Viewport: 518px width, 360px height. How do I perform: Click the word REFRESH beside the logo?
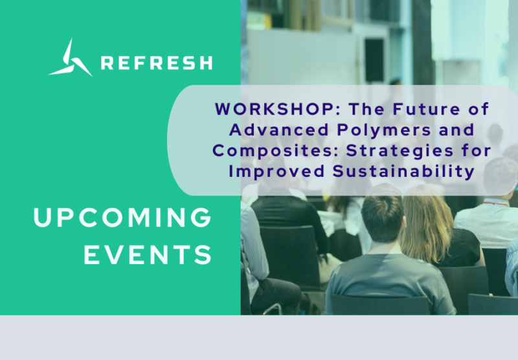coord(157,63)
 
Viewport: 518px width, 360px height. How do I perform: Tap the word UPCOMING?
coord(122,218)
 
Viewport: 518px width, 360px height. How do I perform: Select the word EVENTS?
coord(148,254)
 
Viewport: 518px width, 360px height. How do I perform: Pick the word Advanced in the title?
coord(279,129)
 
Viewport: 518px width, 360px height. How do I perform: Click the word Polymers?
coord(384,130)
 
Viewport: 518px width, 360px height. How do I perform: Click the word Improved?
coord(276,172)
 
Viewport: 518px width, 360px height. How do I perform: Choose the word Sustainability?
coord(403,172)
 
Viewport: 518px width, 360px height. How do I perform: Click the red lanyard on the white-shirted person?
coord(495,203)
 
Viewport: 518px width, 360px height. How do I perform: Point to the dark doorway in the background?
coord(374,60)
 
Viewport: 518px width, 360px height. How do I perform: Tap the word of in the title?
coord(479,109)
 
